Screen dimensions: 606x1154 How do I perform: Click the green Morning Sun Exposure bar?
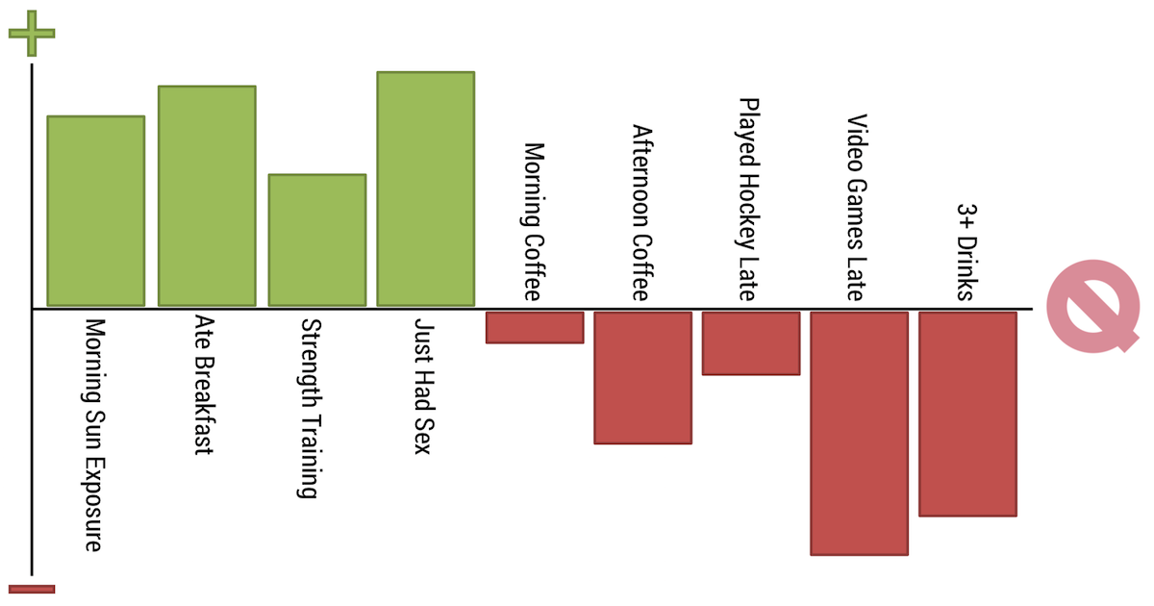pyautogui.click(x=96, y=211)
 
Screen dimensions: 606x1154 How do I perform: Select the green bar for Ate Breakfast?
pyautogui.click(x=207, y=196)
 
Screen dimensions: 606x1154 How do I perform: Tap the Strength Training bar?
pyautogui.click(x=316, y=240)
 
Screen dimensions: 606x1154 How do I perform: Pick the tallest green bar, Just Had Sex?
pyautogui.click(x=425, y=189)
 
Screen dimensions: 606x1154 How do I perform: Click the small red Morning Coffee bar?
pyautogui.click(x=535, y=327)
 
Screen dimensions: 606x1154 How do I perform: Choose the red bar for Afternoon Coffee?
pyautogui.click(x=642, y=377)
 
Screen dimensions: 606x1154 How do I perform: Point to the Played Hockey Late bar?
pyautogui.click(x=751, y=342)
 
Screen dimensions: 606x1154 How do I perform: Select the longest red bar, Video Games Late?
pyautogui.click(x=859, y=433)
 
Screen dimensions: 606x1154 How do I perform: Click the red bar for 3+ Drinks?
pyautogui.click(x=967, y=414)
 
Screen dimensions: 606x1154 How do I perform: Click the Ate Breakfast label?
pyautogui.click(x=202, y=385)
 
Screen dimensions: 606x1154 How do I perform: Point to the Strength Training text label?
pyautogui.click(x=311, y=409)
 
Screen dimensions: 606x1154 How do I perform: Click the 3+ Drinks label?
pyautogui.click(x=966, y=251)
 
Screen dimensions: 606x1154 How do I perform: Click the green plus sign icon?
pyautogui.click(x=32, y=34)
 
